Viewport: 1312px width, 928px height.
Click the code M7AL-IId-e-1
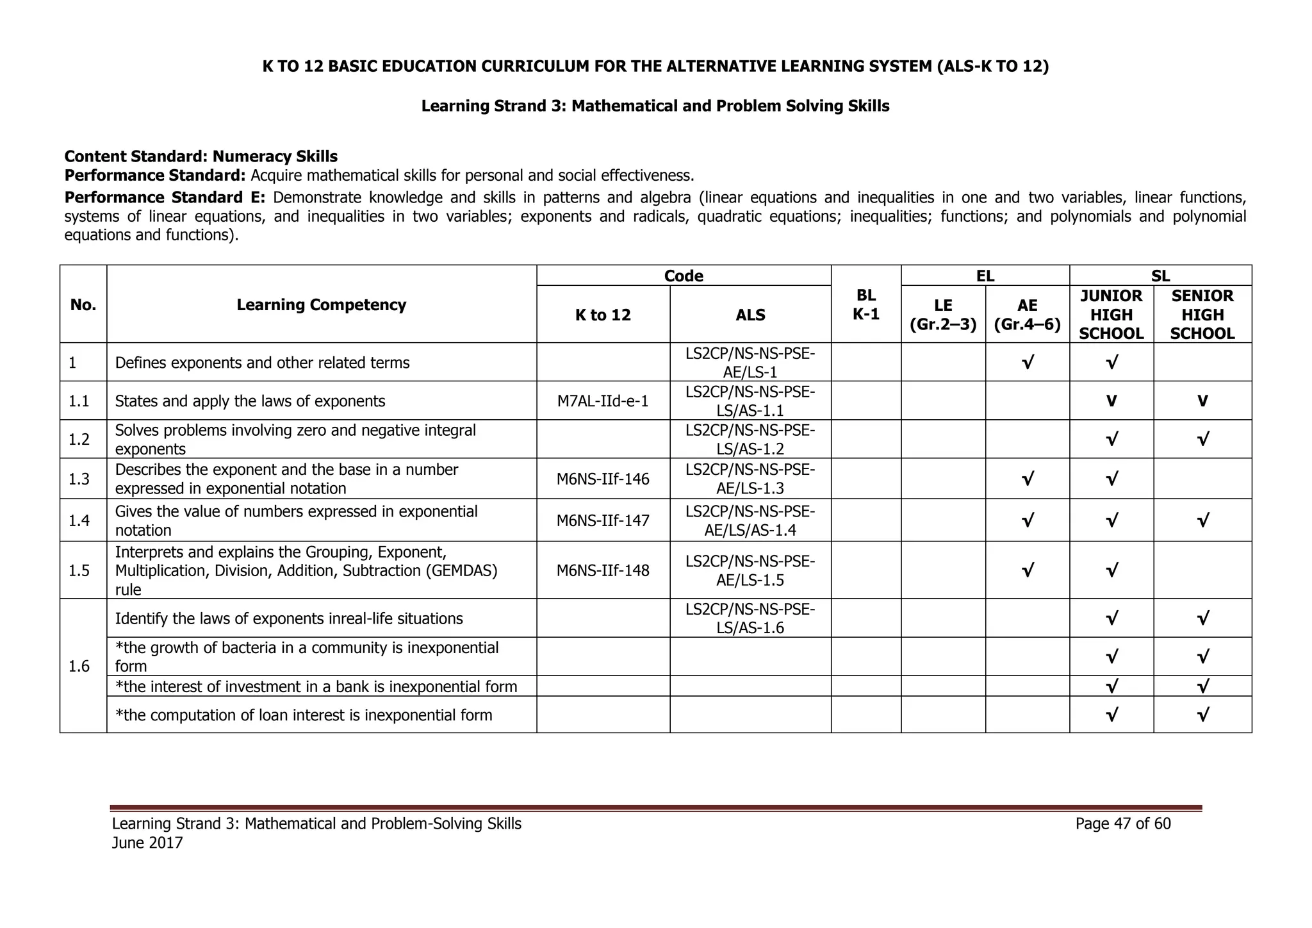pos(602,401)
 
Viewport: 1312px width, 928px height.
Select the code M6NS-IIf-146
pos(602,479)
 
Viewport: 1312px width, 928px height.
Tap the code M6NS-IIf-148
pos(602,570)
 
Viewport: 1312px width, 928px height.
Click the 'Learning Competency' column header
pos(321,304)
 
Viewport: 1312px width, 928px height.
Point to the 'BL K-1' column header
pos(865,304)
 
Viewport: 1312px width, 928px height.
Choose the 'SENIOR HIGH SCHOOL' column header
pos(1202,315)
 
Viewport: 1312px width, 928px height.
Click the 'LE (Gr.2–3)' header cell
pos(943,315)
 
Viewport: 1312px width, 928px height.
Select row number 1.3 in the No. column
pos(79,479)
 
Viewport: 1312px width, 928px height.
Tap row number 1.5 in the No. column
pos(79,570)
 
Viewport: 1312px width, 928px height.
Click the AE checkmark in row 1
pos(1027,363)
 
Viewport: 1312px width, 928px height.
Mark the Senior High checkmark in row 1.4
pos(1202,520)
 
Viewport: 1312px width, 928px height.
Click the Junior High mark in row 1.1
pos(1111,402)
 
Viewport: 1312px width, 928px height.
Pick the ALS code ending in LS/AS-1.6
pos(750,618)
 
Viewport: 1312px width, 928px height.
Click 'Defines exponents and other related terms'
pos(262,363)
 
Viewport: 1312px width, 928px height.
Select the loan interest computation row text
pos(303,715)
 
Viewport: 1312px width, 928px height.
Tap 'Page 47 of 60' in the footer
pos(1122,824)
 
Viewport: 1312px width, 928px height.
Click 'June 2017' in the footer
pos(147,843)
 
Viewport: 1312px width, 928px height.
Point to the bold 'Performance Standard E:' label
pos(163,197)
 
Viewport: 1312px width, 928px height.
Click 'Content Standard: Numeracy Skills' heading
pos(201,156)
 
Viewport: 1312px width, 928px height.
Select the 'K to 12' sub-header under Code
pos(602,315)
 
